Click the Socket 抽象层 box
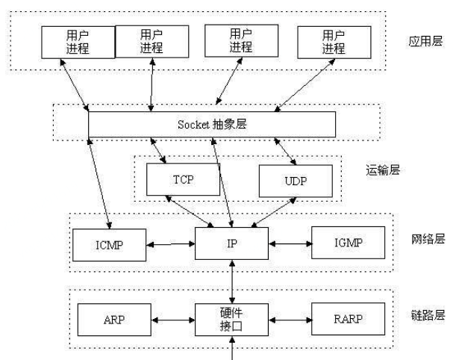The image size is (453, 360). [211, 124]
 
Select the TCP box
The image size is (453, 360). [183, 180]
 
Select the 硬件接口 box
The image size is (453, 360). [233, 320]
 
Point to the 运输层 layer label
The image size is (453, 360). [384, 170]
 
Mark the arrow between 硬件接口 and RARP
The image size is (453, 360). [289, 320]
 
